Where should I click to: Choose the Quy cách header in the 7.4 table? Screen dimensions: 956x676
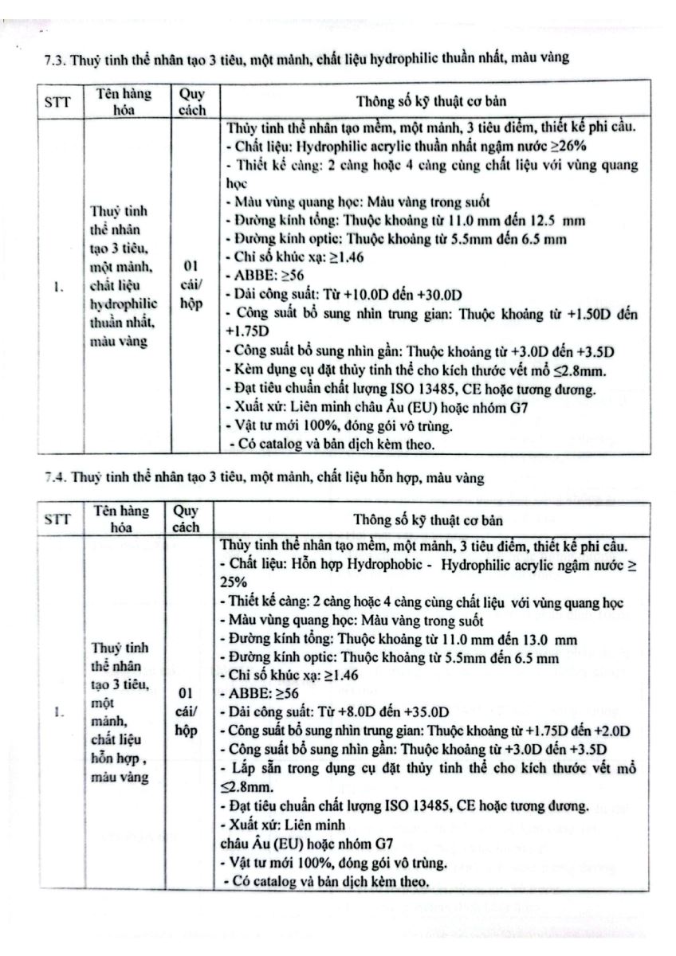coord(188,520)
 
